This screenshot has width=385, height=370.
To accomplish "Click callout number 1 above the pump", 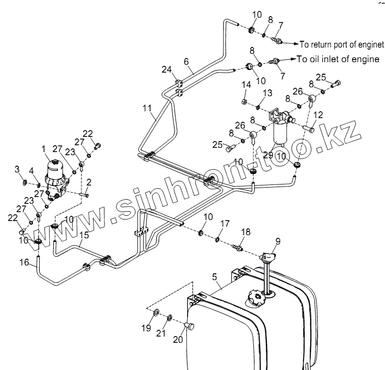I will click(x=44, y=150).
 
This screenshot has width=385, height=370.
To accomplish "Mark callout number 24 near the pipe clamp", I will click(x=166, y=70).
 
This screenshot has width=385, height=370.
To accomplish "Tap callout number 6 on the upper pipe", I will click(x=186, y=62).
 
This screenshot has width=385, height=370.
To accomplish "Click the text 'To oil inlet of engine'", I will click(x=338, y=59).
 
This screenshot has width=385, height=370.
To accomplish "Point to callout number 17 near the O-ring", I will click(x=224, y=224).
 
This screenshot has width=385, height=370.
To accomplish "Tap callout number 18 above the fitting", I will click(x=244, y=232).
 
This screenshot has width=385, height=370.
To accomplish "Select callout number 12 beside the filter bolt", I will click(x=318, y=114).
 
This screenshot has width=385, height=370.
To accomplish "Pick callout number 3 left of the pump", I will click(x=17, y=169).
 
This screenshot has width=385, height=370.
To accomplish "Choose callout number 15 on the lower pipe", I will click(x=84, y=236).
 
